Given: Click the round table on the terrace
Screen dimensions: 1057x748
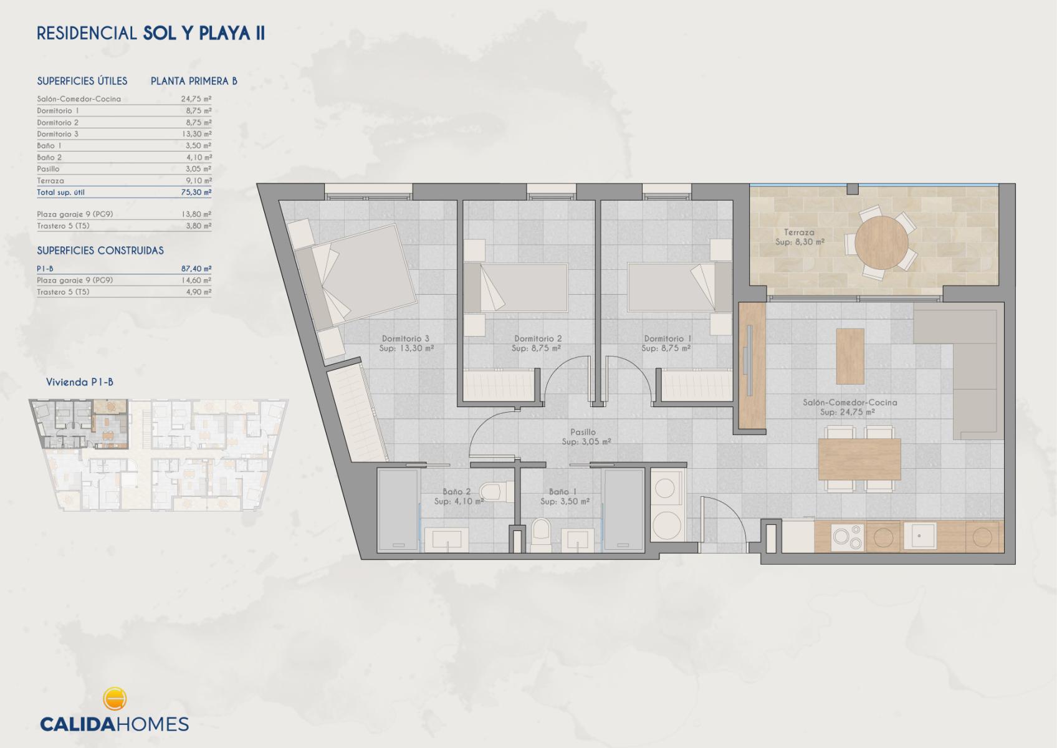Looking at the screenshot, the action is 881,243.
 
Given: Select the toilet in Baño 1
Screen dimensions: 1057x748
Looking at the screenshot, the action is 541,535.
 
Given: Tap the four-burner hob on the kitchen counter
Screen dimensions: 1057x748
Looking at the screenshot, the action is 848,537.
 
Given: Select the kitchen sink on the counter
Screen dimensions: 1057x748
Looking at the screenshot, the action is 920,536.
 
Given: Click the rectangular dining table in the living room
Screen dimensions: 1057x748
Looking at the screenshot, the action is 859,459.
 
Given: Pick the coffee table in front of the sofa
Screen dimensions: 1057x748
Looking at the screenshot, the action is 850,357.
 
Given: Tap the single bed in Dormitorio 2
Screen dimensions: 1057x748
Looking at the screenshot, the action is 516,288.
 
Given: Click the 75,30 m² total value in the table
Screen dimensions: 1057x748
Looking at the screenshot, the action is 196,193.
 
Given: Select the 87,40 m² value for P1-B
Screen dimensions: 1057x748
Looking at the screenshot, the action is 196,269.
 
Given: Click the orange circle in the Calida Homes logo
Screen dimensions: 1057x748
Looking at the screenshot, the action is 115,699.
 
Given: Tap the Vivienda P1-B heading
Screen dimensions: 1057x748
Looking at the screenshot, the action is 80,382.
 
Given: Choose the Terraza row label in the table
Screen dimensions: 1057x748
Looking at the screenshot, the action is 50,181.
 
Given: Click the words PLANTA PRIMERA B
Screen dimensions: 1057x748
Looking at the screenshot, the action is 194,81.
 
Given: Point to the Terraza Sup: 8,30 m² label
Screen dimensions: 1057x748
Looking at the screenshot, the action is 800,237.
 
